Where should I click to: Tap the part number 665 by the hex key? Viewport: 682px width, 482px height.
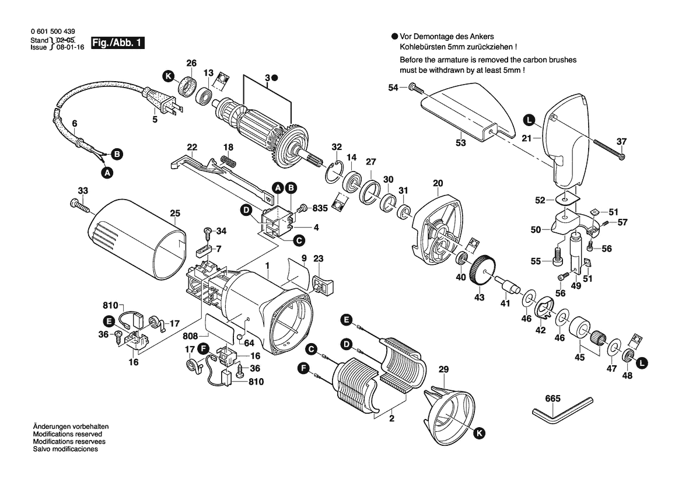(x=552, y=399)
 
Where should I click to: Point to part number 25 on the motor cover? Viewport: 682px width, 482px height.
(x=174, y=214)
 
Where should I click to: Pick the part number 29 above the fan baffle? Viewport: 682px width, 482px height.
(x=443, y=370)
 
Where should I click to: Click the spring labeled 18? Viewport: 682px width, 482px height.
(x=228, y=160)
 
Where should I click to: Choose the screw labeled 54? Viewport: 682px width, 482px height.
(x=415, y=88)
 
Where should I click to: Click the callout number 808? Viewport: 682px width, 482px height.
(x=190, y=337)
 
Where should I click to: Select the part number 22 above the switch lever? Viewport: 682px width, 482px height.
(x=192, y=146)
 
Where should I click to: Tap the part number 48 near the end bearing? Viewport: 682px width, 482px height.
(x=627, y=375)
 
